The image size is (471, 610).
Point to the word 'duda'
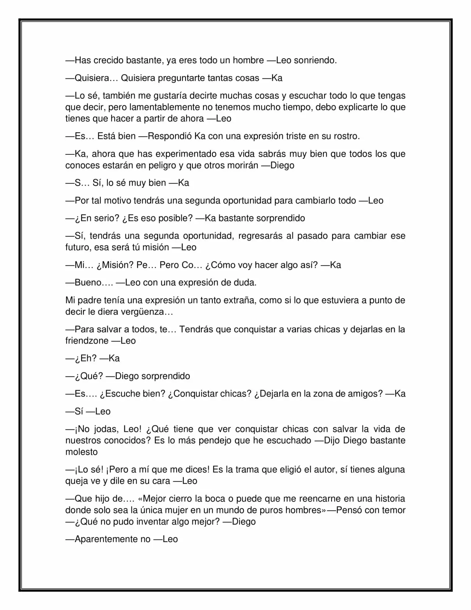pos(245,283)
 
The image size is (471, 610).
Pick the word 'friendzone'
pos(87,341)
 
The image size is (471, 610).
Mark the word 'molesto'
pos(81,452)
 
